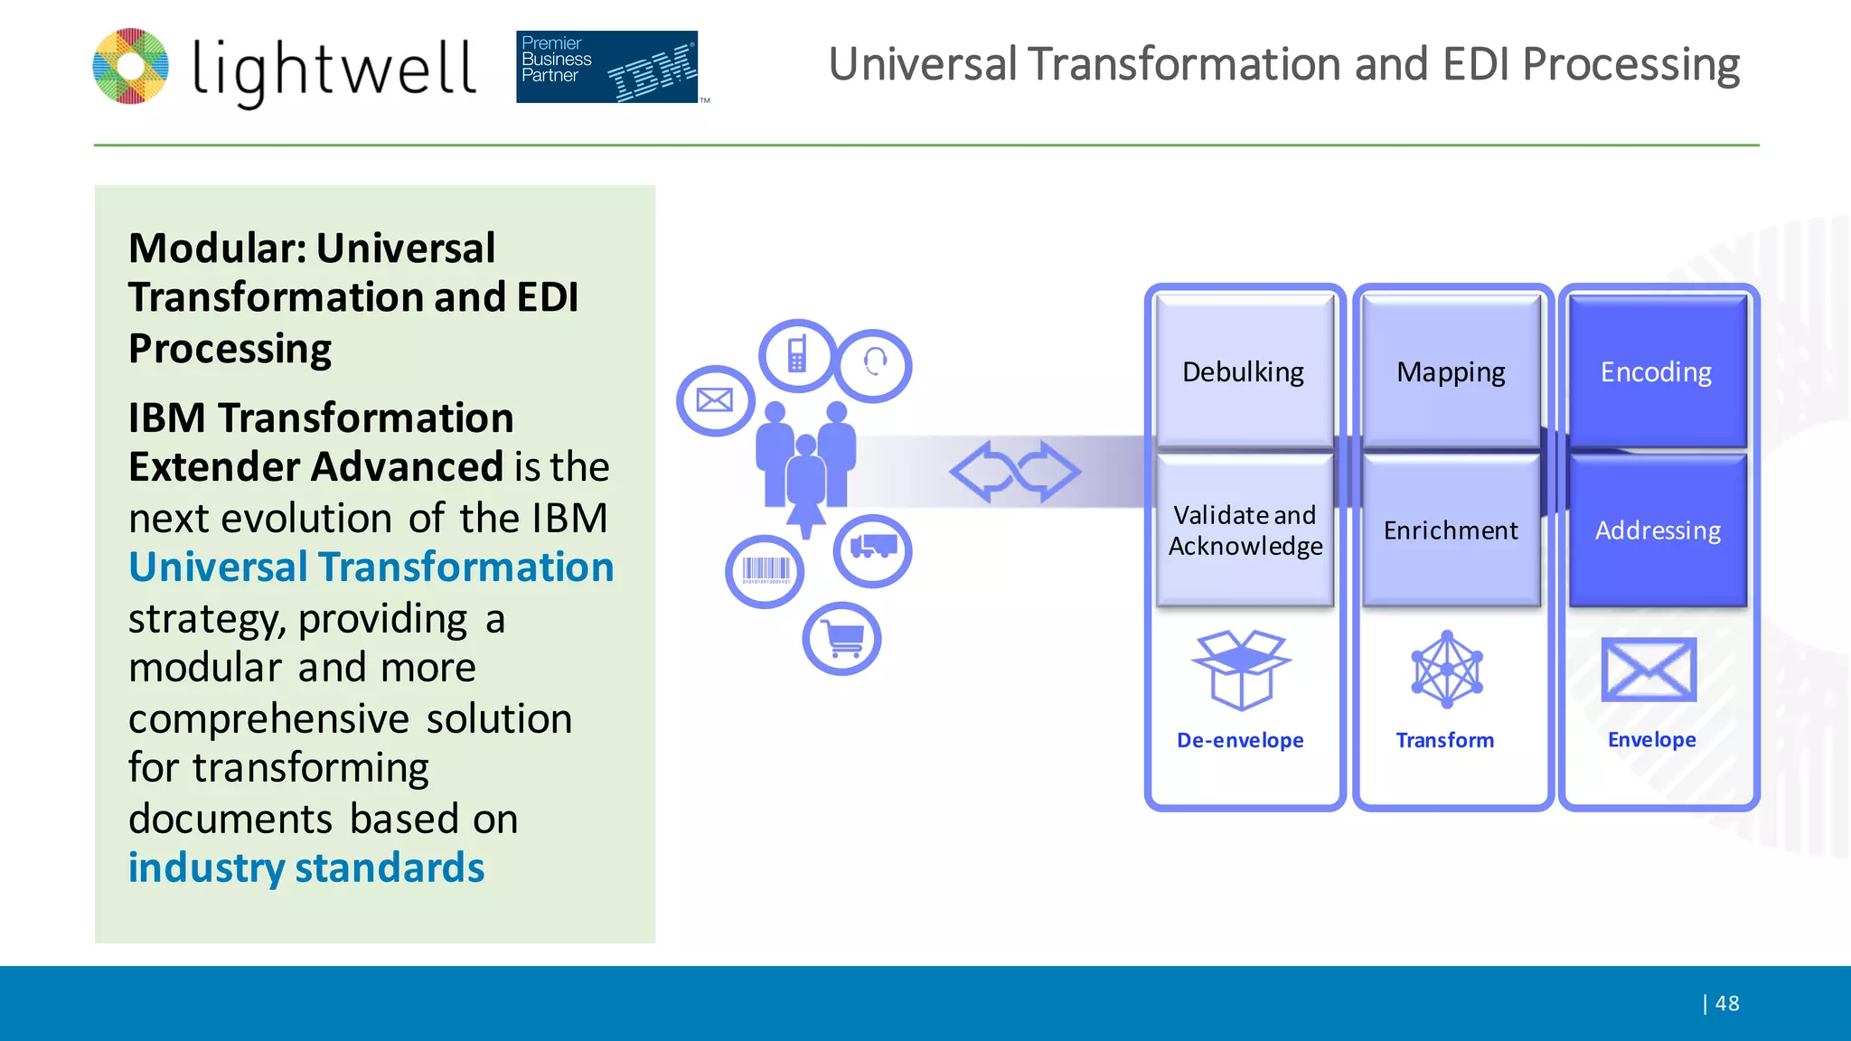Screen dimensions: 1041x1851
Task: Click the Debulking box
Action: coord(1244,371)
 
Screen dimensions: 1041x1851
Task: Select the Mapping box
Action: coord(1451,371)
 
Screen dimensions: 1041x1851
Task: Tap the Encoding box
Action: coord(1657,371)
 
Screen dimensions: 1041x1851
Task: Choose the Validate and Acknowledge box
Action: coord(1245,530)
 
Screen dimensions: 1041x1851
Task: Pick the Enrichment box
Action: coord(1451,530)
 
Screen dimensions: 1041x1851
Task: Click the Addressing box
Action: coord(1658,530)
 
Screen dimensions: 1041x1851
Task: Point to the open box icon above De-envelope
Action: coord(1241,670)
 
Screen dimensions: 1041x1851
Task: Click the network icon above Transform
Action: coord(1447,670)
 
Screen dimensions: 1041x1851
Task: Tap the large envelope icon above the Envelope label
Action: coord(1649,670)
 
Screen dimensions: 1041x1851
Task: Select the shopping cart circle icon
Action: coord(841,639)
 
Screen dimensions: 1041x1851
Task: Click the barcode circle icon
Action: coord(765,571)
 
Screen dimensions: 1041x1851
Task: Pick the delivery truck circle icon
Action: coord(872,550)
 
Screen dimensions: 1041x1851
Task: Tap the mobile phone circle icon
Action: coord(797,355)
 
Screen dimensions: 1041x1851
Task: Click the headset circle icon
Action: coord(874,365)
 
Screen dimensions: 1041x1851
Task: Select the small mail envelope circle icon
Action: coord(715,400)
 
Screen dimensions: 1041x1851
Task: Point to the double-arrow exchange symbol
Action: coord(1014,471)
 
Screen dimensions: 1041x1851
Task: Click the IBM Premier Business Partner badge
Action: coord(607,67)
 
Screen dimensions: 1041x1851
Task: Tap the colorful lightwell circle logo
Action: coord(131,66)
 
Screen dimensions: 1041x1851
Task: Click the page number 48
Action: coord(1726,1003)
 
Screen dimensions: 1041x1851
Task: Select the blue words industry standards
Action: coord(306,867)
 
